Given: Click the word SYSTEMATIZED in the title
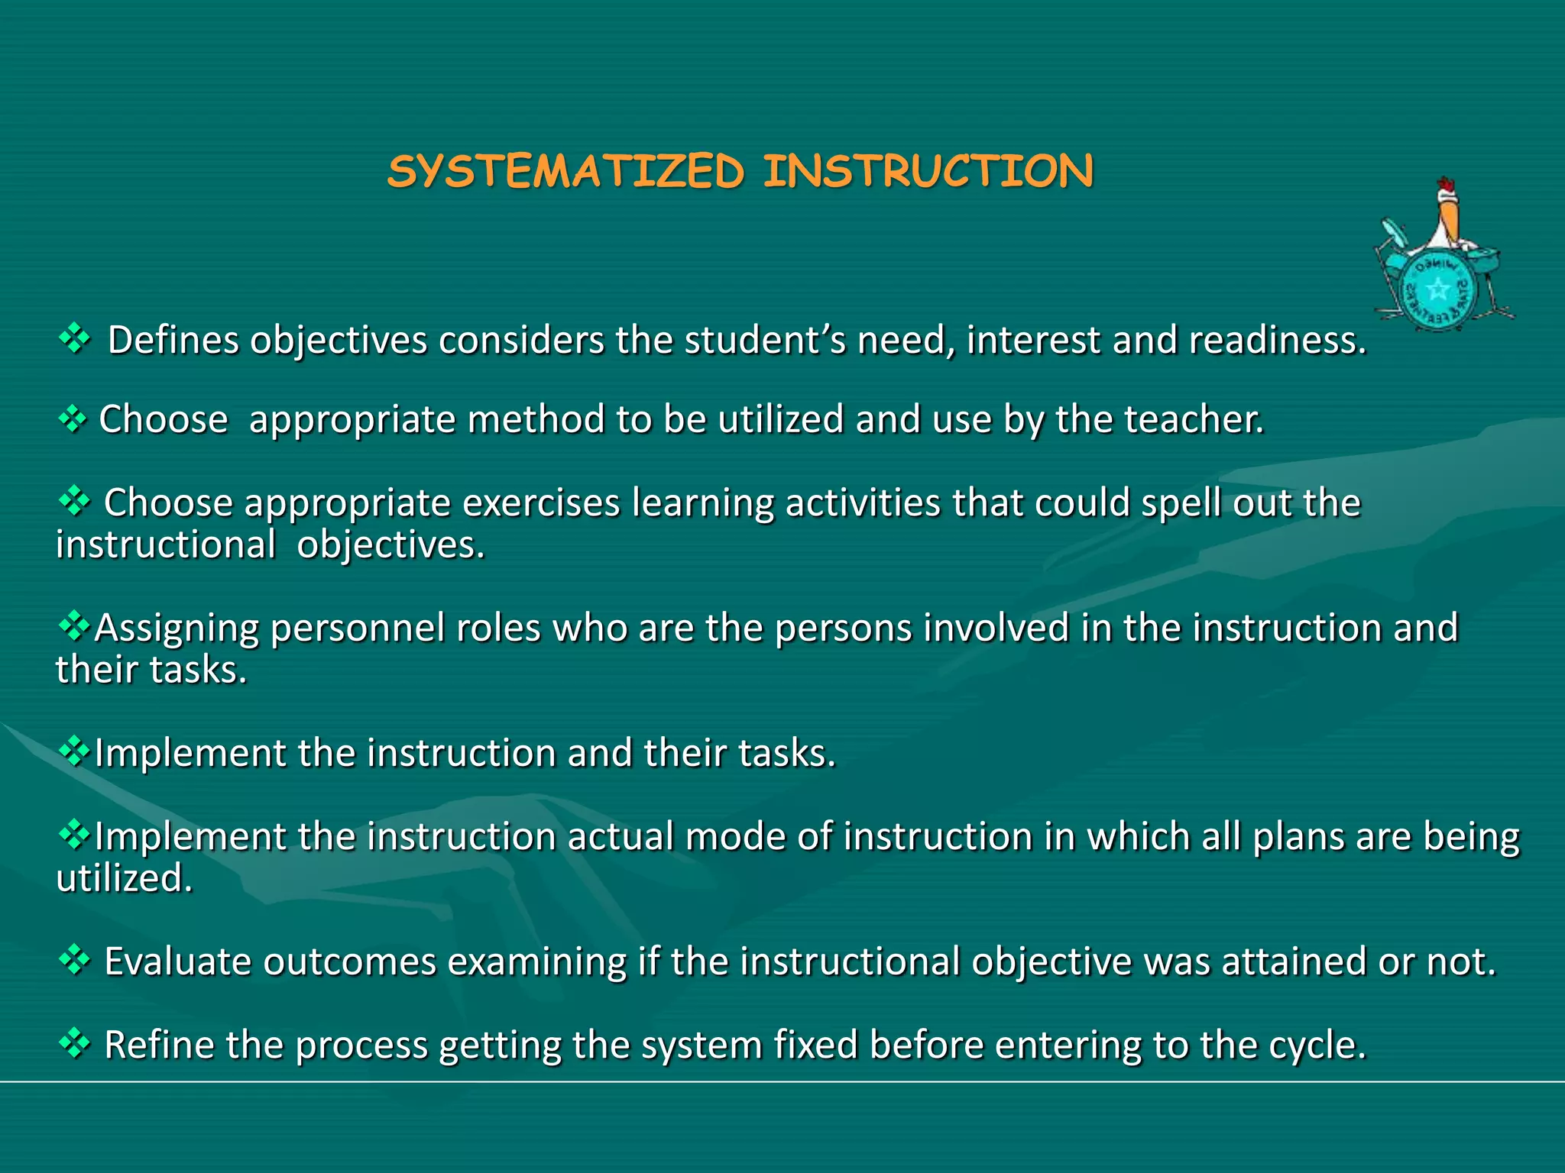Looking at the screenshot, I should click(x=565, y=171).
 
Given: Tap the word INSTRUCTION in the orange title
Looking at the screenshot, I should click(x=928, y=171).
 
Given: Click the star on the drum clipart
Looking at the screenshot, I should click(x=1439, y=289).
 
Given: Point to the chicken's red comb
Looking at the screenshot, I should click(x=1445, y=186).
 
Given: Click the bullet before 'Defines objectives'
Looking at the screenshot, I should click(x=74, y=338).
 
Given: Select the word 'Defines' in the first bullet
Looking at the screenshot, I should click(x=173, y=340).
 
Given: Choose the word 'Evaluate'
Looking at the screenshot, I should click(x=177, y=961).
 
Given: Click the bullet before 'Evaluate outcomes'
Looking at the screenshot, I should click(x=74, y=959).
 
